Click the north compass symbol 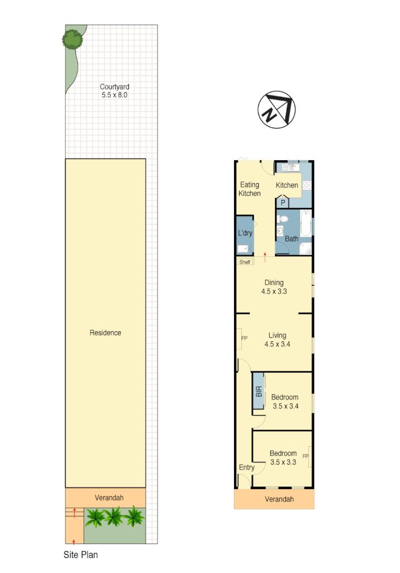[x=276, y=109]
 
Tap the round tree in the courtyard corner [x=72, y=39]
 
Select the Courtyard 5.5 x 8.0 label [x=115, y=91]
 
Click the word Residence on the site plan [x=106, y=333]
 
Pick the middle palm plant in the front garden [x=114, y=517]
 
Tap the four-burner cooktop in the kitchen [x=307, y=187]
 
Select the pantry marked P [x=283, y=203]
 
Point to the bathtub [x=306, y=224]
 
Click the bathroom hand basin [x=279, y=231]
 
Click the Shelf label [x=245, y=262]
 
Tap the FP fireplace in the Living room [x=244, y=338]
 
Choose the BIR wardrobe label [x=258, y=391]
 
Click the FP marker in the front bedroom [x=306, y=456]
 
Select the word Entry [x=246, y=467]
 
